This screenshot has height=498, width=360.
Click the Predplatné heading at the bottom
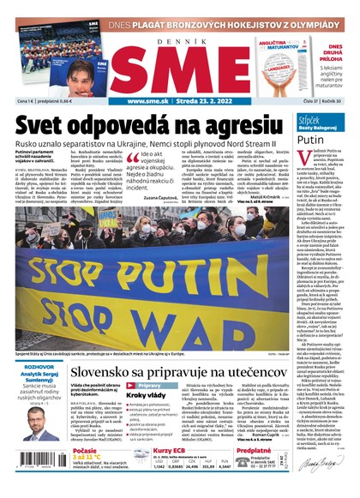click(x=253, y=449)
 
